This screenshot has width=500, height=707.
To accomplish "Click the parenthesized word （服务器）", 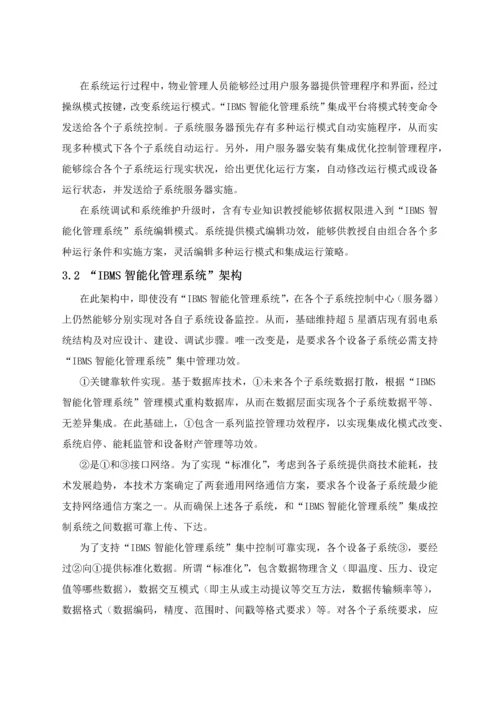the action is pyautogui.click(x=404, y=298).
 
